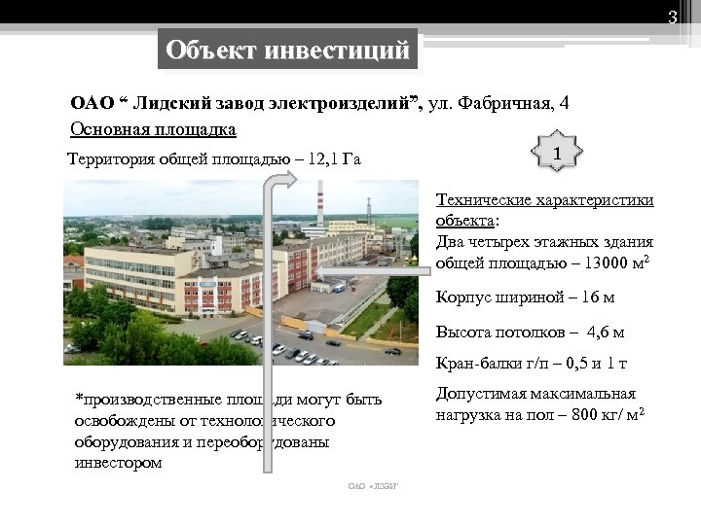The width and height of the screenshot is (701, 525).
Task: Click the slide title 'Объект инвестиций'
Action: tap(288, 50)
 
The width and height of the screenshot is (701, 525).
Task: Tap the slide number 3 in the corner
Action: tap(671, 17)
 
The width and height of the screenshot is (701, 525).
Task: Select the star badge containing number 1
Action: tap(556, 154)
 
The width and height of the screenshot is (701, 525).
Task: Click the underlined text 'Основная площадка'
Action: tap(153, 128)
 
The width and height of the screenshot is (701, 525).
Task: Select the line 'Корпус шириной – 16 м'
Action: tap(526, 297)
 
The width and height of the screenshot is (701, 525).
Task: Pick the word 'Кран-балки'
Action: tap(477, 365)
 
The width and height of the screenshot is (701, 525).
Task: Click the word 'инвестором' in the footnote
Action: tap(118, 463)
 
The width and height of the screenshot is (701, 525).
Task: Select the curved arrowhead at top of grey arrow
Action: tap(288, 182)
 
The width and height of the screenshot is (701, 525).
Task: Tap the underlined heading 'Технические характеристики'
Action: tap(544, 200)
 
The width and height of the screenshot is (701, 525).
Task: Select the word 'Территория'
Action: tap(106, 159)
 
